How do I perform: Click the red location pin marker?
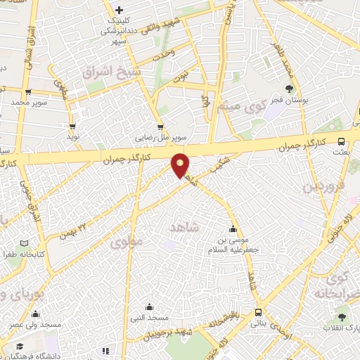[181, 165]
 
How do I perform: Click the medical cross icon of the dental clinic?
[120, 9]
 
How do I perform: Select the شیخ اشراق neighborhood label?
[112, 72]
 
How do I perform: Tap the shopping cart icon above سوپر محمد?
[27, 91]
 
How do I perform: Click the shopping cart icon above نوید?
[72, 126]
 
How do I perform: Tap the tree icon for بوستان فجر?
[289, 89]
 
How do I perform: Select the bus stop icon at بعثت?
[341, 141]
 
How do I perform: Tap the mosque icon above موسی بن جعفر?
[233, 229]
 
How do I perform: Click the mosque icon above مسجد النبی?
[149, 307]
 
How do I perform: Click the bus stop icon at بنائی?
[259, 311]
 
